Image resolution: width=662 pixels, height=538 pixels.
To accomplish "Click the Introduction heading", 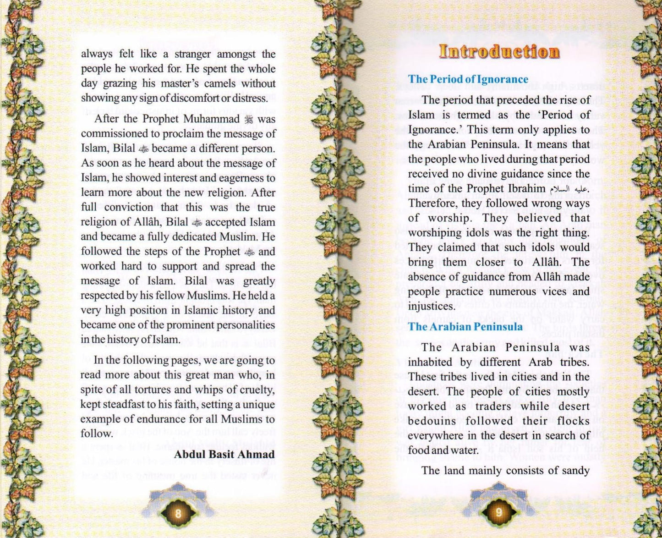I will pos(499,52).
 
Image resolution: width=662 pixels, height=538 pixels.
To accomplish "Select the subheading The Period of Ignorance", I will pos(468,79).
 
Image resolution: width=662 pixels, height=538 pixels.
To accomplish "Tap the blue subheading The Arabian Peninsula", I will pos(465,327).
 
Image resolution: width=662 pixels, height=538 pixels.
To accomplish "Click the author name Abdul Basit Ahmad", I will pos(224,454).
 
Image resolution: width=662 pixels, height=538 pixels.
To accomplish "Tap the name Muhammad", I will pos(212,119).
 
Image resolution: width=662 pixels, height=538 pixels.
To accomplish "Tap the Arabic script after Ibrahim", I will pos(568,189).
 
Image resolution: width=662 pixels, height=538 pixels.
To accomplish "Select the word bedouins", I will pos(432,421).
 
